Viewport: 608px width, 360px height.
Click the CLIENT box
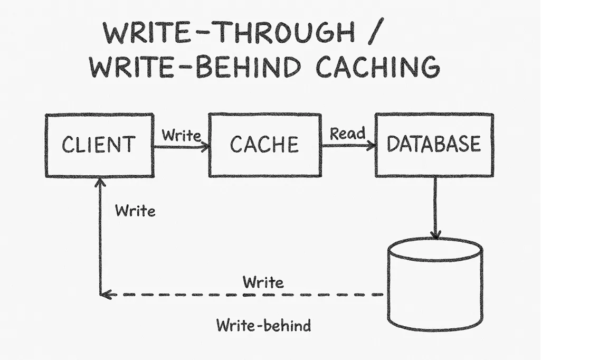[x=99, y=145]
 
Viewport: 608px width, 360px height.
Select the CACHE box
[x=264, y=145]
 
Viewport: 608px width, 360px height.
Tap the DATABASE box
[x=434, y=145]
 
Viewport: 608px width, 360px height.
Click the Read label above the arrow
[x=348, y=134]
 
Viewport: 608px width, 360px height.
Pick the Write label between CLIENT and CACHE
[x=181, y=136]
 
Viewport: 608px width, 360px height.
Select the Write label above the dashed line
[x=263, y=282]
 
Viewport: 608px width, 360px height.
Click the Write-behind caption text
[x=263, y=325]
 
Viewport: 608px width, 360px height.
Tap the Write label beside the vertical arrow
[x=135, y=211]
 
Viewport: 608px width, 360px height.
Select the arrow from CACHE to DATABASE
[x=348, y=145]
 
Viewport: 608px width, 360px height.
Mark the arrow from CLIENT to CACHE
[x=181, y=147]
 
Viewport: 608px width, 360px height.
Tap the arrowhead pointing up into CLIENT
[x=100, y=183]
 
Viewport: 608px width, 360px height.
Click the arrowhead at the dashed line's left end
[x=106, y=295]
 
